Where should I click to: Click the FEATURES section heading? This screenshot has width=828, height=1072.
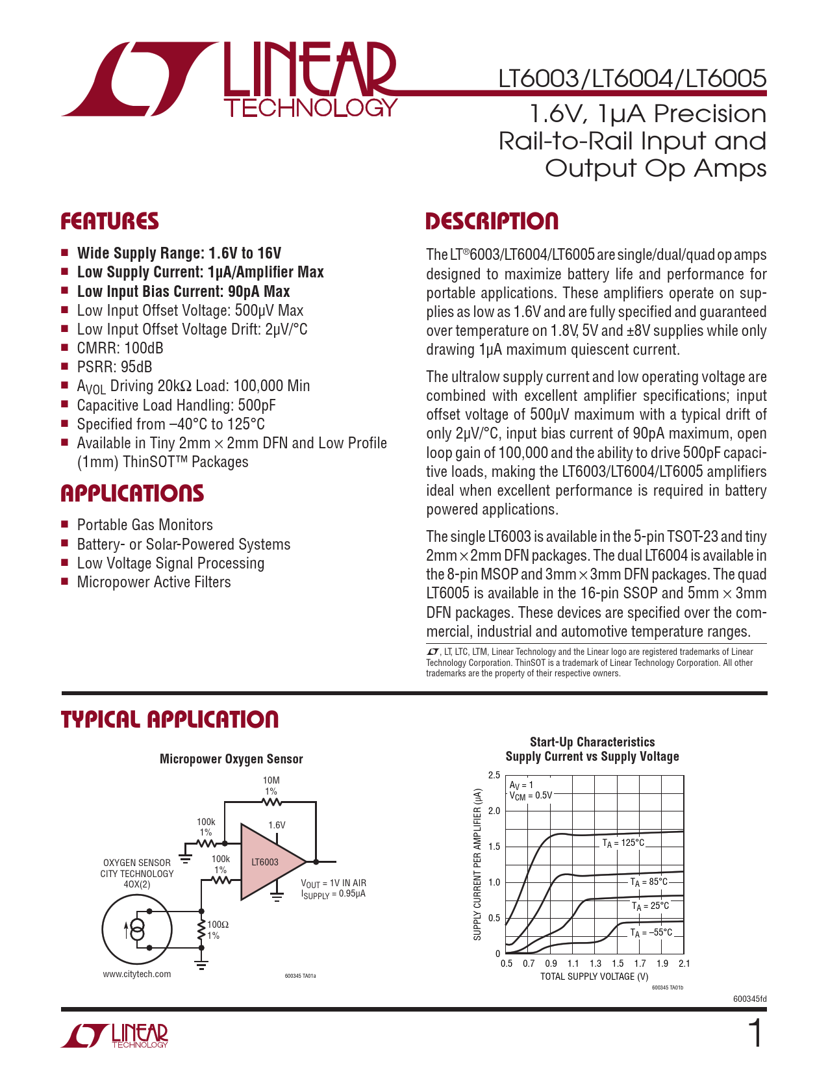tap(110, 222)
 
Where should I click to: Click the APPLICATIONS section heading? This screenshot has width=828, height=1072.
tap(132, 494)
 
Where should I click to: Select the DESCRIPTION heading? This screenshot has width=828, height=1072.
tap(492, 222)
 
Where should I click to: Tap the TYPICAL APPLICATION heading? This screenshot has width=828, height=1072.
tap(169, 720)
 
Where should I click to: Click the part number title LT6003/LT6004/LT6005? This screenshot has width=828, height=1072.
tap(632, 79)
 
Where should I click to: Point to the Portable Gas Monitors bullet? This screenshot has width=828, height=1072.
tap(145, 525)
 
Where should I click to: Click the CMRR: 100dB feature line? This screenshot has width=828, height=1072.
tap(120, 348)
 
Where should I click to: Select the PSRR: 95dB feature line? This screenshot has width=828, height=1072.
tap(114, 367)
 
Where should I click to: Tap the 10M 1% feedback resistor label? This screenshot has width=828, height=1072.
tap(271, 785)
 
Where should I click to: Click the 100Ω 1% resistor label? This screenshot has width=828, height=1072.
tap(217, 930)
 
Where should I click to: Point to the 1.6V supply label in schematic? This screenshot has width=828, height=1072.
tap(277, 825)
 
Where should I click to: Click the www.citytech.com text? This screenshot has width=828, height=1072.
tap(137, 974)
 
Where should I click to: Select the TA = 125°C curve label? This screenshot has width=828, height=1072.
tap(623, 843)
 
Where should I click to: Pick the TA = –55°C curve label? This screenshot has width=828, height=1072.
tap(651, 932)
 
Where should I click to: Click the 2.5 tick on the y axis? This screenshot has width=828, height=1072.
tap(494, 775)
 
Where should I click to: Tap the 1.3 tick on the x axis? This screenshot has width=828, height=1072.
tap(596, 964)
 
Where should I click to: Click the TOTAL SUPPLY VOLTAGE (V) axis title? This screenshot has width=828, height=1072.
tap(594, 976)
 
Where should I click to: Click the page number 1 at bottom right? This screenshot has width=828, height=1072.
tap(755, 1034)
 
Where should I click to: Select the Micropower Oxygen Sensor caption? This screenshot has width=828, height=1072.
tap(231, 759)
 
